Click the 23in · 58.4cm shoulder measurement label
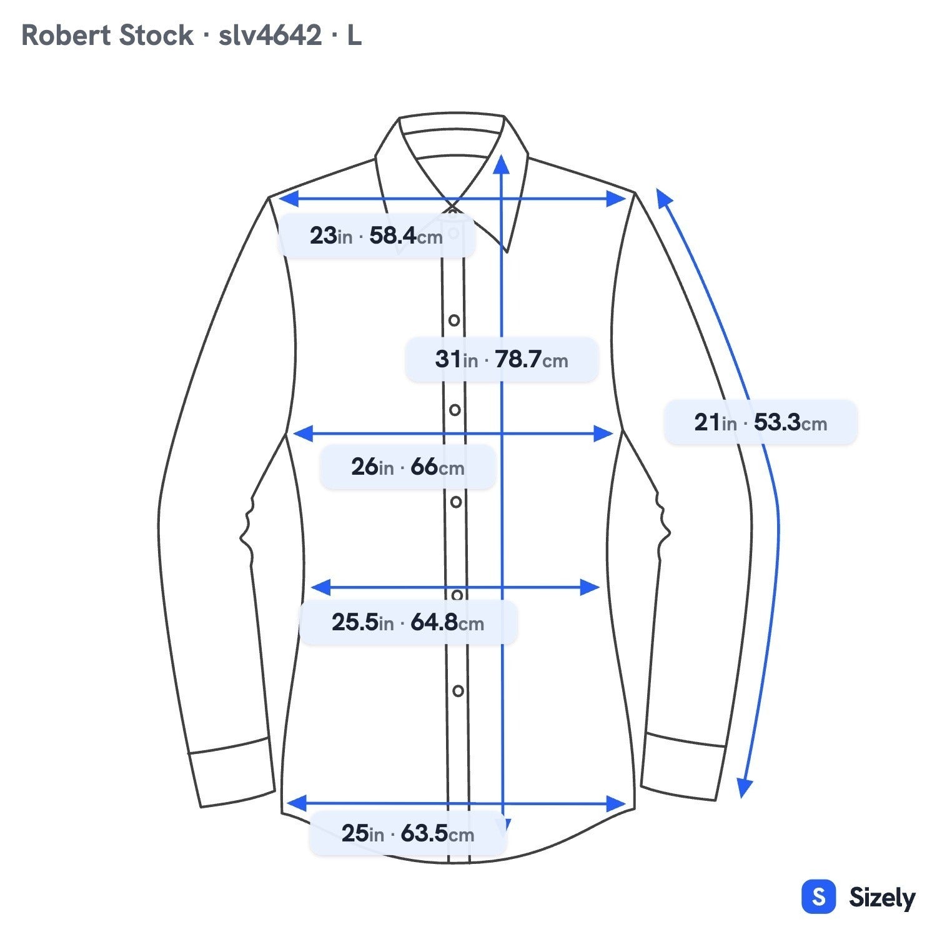tap(376, 235)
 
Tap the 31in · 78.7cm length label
tap(502, 359)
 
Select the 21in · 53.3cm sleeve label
tap(760, 422)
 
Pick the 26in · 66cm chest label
tap(407, 466)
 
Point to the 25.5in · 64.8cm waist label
tap(408, 622)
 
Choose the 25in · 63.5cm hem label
tap(407, 833)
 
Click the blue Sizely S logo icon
tap(818, 897)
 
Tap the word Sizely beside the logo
tap(882, 898)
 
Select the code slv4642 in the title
tap(270, 36)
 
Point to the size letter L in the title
tap(354, 36)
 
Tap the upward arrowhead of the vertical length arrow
tap(502, 164)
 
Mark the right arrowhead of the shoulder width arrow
tap(617, 199)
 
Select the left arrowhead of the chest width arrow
tap(302, 433)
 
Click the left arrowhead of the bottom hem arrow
tap(296, 803)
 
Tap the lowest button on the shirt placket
tap(458, 691)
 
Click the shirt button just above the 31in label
tap(454, 320)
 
